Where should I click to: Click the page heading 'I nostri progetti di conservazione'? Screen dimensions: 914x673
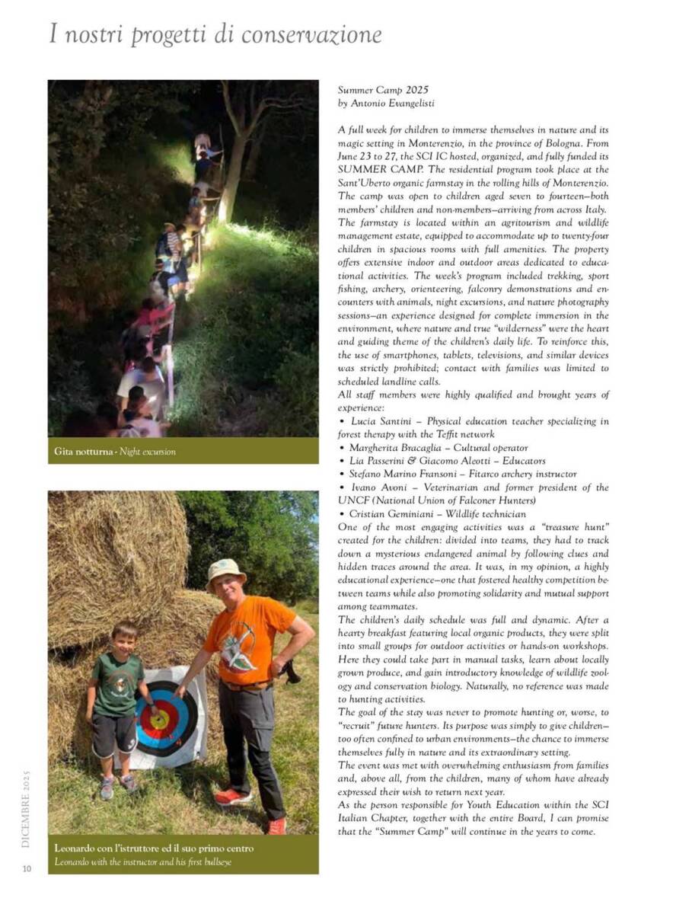click(215, 35)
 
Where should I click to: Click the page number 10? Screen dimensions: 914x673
click(27, 868)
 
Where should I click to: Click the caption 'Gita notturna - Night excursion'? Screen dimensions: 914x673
click(115, 452)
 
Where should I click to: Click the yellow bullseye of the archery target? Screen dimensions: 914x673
click(159, 718)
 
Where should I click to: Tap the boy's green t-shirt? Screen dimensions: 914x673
click(118, 682)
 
